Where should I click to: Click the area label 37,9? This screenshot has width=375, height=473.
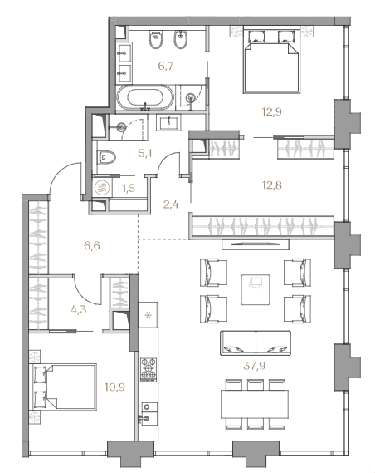(255, 366)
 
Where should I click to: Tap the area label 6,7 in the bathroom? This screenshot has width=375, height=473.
(166, 66)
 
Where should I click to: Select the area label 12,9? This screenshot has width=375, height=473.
(271, 112)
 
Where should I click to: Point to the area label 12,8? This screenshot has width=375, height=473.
(271, 185)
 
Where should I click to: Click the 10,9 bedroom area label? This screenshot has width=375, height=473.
(114, 387)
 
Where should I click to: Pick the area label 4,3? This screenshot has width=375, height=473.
(79, 309)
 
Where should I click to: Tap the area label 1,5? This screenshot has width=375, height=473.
(129, 188)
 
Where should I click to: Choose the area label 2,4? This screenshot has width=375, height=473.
(171, 205)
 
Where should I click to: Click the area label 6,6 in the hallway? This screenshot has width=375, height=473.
(92, 246)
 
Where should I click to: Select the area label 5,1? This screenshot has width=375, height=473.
(145, 154)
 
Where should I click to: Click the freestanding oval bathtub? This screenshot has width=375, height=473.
(146, 97)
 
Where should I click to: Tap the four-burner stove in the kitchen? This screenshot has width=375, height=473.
(149, 368)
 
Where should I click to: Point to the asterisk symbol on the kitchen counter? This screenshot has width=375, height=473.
(148, 316)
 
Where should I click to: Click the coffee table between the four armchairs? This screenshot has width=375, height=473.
(256, 289)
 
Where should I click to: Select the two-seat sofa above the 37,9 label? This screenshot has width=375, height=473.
(256, 343)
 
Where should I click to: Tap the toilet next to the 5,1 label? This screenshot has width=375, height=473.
(106, 157)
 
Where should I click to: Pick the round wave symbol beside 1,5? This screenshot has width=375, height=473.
(100, 188)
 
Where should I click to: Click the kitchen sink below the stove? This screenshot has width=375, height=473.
(148, 413)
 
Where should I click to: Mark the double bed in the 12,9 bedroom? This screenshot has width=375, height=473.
(272, 59)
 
